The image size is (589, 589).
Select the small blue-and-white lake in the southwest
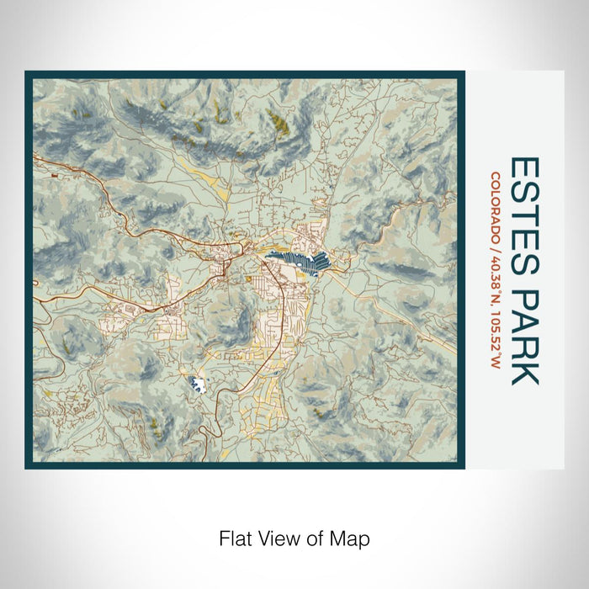click(198, 384)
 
